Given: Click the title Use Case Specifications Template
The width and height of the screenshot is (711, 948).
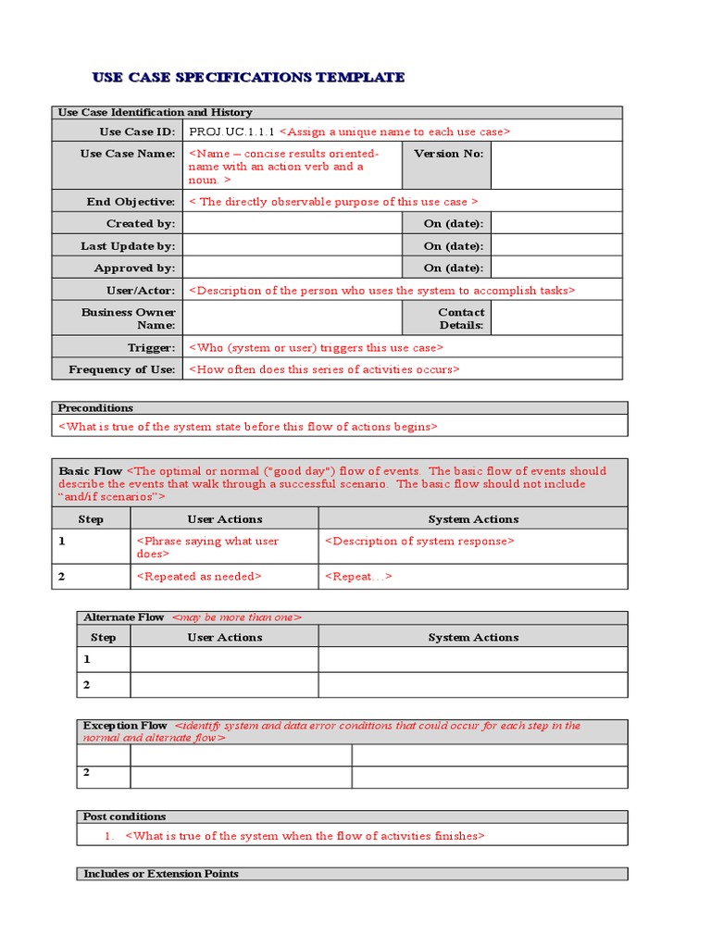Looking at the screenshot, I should (248, 77).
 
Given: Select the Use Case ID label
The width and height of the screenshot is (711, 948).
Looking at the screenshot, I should (137, 131).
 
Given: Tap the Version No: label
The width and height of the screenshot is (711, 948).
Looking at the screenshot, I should (448, 154).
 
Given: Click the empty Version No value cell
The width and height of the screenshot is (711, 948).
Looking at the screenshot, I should (555, 165).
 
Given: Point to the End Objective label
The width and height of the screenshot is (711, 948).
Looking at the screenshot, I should (131, 202).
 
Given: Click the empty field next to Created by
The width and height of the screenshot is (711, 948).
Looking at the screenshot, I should (292, 223).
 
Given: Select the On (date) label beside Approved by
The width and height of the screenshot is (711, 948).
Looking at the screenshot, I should (454, 268).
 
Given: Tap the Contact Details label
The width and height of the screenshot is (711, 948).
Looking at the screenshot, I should (460, 318).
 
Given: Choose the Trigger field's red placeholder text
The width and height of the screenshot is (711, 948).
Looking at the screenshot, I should (316, 348).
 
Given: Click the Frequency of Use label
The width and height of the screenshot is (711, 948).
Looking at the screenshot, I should (121, 369).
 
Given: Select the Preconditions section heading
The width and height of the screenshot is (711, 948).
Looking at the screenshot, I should (95, 407).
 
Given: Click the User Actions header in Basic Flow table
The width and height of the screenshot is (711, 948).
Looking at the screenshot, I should (224, 519).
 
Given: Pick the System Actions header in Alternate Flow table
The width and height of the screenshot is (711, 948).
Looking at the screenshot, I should (473, 637).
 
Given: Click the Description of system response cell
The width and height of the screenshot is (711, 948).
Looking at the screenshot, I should (418, 542).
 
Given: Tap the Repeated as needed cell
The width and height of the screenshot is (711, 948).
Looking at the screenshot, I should (199, 576).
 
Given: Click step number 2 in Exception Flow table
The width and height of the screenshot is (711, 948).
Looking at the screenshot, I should (87, 772).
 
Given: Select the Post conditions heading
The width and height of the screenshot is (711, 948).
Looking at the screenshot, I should (125, 817).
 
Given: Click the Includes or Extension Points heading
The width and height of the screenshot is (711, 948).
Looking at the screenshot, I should (161, 873).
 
